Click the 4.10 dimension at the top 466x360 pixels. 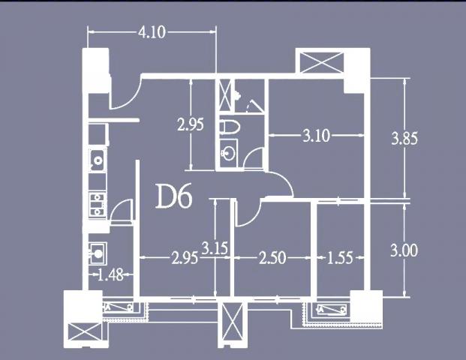(x=152, y=32)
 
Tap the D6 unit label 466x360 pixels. (x=174, y=196)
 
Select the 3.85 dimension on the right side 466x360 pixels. (x=404, y=139)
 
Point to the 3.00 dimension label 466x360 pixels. (x=404, y=250)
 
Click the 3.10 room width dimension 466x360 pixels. (x=316, y=136)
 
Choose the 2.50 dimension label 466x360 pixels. (x=272, y=257)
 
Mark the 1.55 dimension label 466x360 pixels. (x=340, y=257)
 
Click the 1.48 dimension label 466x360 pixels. (x=110, y=275)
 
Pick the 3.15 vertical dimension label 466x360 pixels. (x=215, y=248)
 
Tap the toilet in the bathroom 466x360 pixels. (x=230, y=127)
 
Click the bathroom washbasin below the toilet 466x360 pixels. (x=229, y=153)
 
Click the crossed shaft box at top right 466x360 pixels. (x=322, y=62)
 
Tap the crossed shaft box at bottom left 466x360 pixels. (x=85, y=331)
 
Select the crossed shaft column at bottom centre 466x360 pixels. (x=233, y=324)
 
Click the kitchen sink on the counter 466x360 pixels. (x=98, y=160)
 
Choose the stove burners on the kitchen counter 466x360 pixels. (x=98, y=204)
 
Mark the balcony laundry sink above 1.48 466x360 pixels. (x=98, y=253)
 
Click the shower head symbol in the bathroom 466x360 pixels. (x=237, y=95)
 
